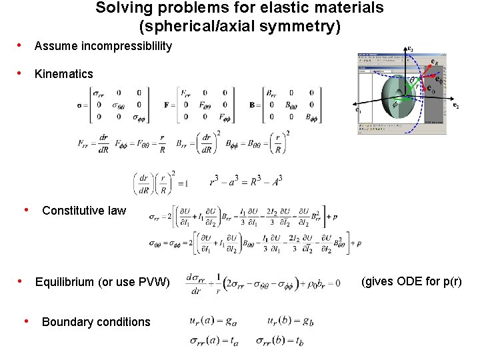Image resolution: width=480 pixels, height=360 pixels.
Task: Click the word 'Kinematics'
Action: (63, 74)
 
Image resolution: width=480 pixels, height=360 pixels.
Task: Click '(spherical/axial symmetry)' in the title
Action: (239, 27)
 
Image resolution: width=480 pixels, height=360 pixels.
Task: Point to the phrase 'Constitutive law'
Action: (83, 211)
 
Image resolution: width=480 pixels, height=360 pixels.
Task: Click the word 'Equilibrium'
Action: (64, 282)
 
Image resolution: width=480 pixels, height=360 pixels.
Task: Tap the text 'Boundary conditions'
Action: (96, 322)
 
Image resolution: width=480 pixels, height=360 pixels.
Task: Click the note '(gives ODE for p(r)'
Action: (411, 281)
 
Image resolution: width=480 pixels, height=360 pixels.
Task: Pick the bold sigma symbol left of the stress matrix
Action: (80, 105)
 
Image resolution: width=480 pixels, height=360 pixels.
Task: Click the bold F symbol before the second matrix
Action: (166, 105)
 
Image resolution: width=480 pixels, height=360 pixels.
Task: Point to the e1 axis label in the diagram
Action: (358, 109)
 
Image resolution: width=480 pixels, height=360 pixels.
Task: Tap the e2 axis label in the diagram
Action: (455, 105)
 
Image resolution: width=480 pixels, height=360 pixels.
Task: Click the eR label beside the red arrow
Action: (434, 62)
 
